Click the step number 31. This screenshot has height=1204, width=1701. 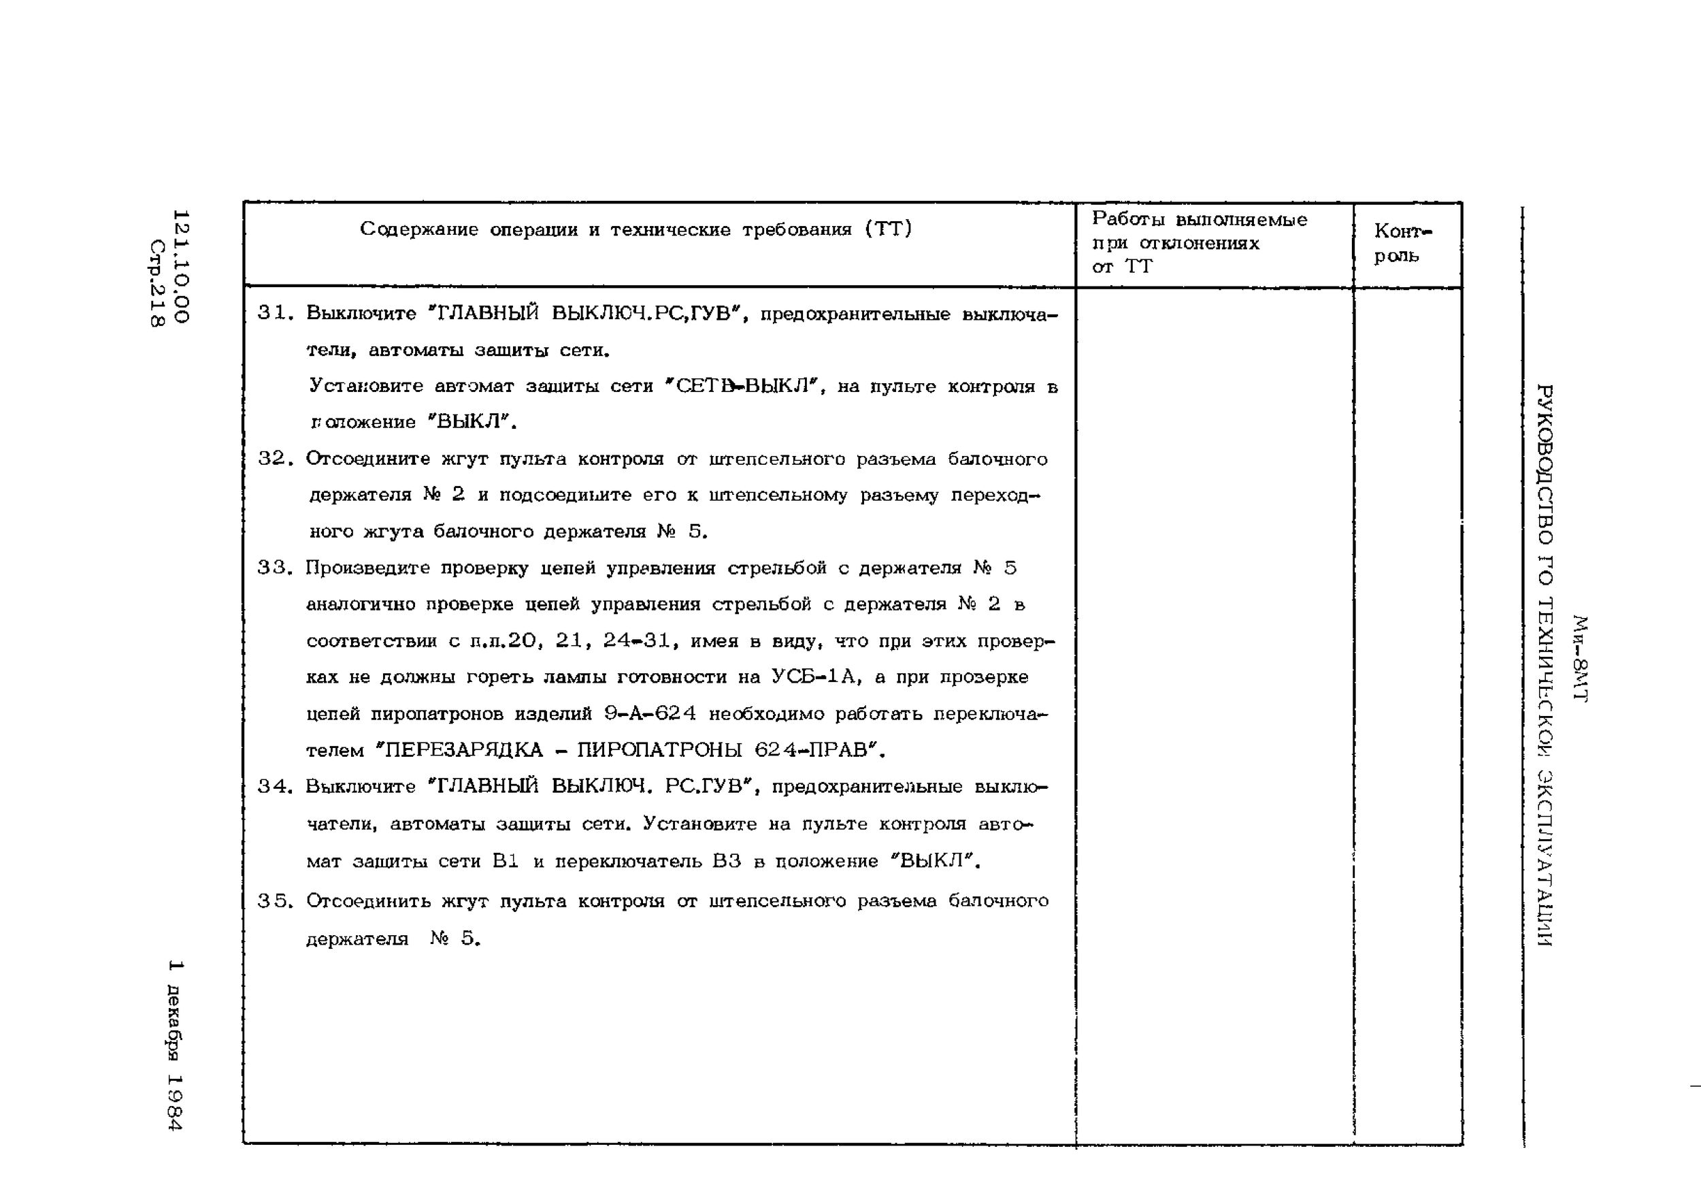point(272,314)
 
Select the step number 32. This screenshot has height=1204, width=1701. point(272,459)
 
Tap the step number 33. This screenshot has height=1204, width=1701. point(272,568)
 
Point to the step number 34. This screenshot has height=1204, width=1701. point(272,787)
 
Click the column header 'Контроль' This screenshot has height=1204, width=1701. point(1402,243)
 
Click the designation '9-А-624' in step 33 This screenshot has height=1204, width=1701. point(650,714)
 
